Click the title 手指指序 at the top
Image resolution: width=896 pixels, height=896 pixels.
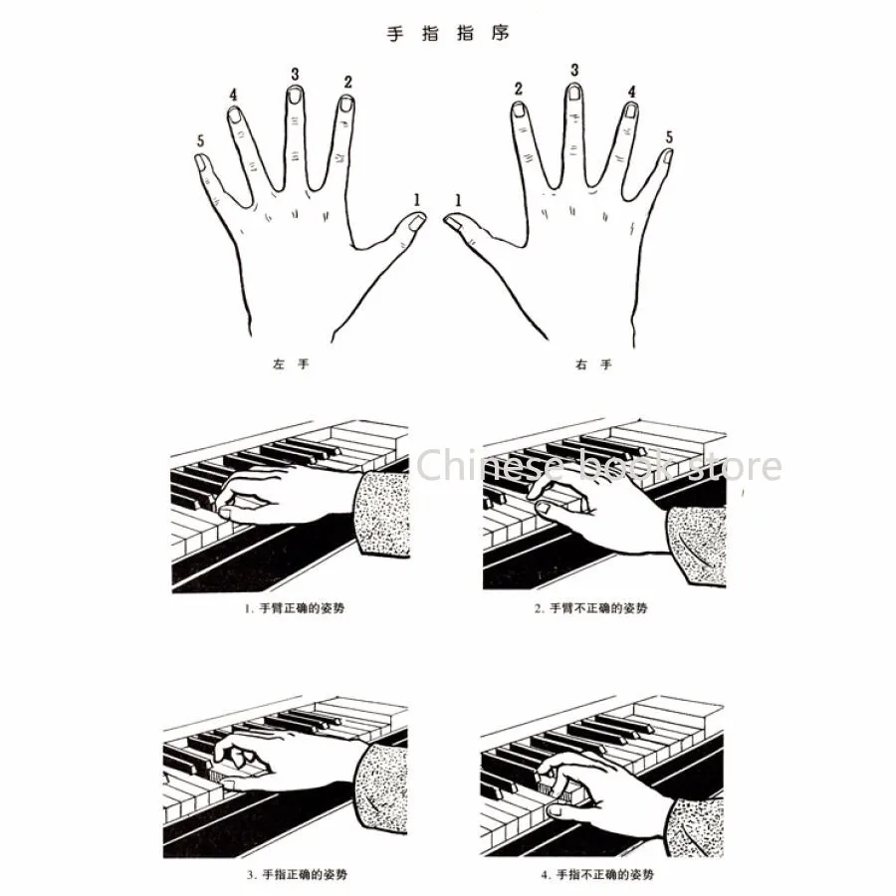pyautogui.click(x=447, y=33)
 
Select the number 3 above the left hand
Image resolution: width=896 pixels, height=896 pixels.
pyautogui.click(x=295, y=74)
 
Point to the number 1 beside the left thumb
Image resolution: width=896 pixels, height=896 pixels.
pyautogui.click(x=417, y=199)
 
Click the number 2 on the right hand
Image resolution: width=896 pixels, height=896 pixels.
pyautogui.click(x=519, y=89)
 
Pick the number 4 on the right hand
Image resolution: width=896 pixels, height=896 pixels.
pyautogui.click(x=631, y=92)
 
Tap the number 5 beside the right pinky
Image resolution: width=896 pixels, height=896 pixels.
pyautogui.click(x=668, y=136)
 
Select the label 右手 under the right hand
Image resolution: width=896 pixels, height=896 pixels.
pyautogui.click(x=593, y=365)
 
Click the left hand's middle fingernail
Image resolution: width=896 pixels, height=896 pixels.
pyautogui.click(x=294, y=96)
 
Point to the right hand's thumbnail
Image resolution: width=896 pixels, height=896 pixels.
pyautogui.click(x=452, y=222)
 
